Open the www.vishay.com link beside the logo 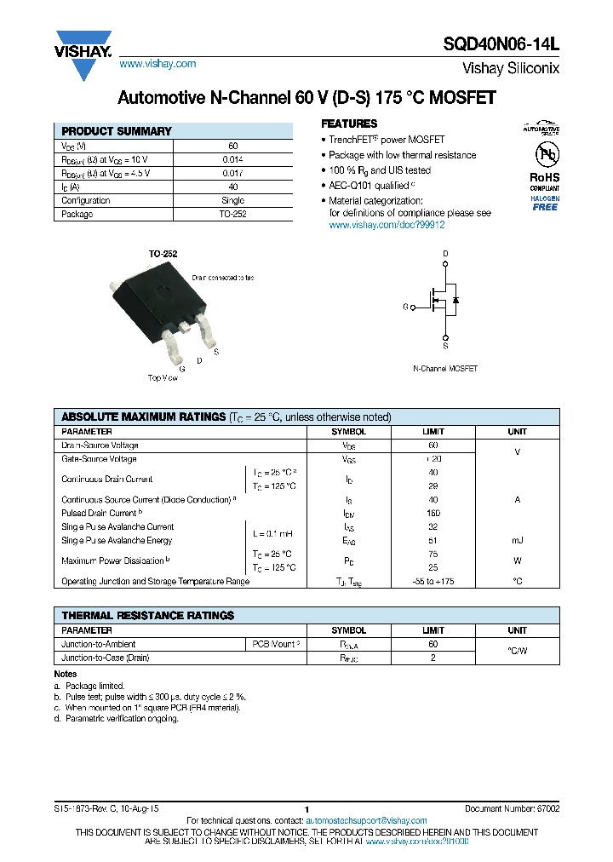(x=158, y=64)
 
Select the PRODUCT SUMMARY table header (x=117, y=131)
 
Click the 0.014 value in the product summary (x=232, y=159)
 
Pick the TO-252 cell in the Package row (x=232, y=214)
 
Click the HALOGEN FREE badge (x=545, y=202)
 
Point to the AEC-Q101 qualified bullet (x=370, y=185)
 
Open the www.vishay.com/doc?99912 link (x=387, y=225)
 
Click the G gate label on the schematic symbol (x=405, y=306)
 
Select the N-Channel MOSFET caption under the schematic (x=444, y=369)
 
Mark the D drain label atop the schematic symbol (x=444, y=255)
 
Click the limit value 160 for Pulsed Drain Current (x=433, y=514)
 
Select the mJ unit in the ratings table (x=517, y=540)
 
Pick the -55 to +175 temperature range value (x=433, y=581)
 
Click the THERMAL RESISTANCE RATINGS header (x=148, y=615)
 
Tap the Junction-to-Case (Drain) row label (x=106, y=658)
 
